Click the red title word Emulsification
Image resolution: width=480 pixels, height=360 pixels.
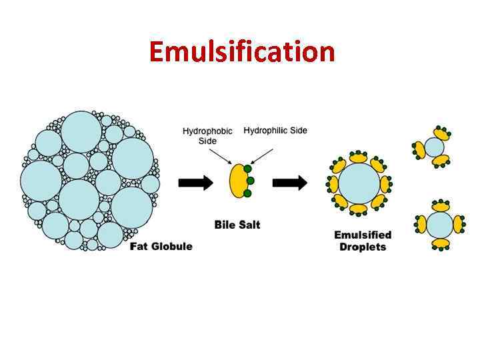click(x=241, y=51)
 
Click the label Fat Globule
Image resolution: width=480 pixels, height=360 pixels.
click(x=161, y=246)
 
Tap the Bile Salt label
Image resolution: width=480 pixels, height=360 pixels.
click(x=237, y=225)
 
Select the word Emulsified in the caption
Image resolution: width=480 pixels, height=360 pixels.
click(x=363, y=235)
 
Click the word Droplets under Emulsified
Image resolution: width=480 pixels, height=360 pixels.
click(x=363, y=247)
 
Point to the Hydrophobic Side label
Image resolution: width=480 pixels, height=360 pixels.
click(x=207, y=135)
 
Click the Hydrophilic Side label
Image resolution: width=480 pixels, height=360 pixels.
click(x=275, y=131)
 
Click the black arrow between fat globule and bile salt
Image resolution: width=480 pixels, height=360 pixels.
click(x=195, y=181)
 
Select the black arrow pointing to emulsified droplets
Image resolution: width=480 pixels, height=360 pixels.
click(x=290, y=181)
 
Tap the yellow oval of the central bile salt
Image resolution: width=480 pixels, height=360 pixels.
click(x=237, y=181)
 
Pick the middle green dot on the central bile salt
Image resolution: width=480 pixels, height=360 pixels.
click(x=250, y=181)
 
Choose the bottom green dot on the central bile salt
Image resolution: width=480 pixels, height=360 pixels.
click(x=247, y=193)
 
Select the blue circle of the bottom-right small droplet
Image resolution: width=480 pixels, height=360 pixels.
click(x=439, y=225)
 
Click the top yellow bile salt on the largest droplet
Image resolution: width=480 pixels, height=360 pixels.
click(x=359, y=158)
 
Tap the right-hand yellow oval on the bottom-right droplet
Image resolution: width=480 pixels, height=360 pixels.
click(x=459, y=224)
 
